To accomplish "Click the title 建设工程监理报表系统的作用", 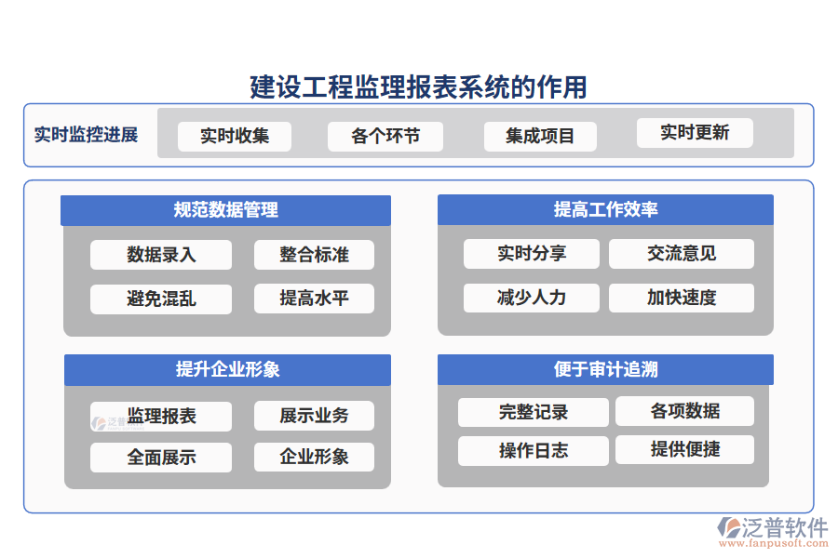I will point(419,86).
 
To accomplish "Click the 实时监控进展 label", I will point(86,135).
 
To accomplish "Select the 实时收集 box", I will point(235,136).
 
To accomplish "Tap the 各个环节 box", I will point(385,136).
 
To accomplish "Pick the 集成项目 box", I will point(540,136).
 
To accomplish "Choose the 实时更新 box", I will point(695,132).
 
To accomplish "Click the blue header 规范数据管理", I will point(225,210).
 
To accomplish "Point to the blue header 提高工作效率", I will point(605,209).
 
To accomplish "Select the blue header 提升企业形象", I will point(227,369).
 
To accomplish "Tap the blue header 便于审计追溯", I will point(605,369).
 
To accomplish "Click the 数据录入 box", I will point(161,255).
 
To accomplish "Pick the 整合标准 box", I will point(314,255).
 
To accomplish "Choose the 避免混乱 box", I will point(161,299).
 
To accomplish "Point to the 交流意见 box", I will point(682,253).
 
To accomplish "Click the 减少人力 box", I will point(532,298).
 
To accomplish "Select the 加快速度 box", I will point(682,298).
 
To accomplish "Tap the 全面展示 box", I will point(161,457).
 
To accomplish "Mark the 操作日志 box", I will point(534,451).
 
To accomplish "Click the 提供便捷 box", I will point(684,449).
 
